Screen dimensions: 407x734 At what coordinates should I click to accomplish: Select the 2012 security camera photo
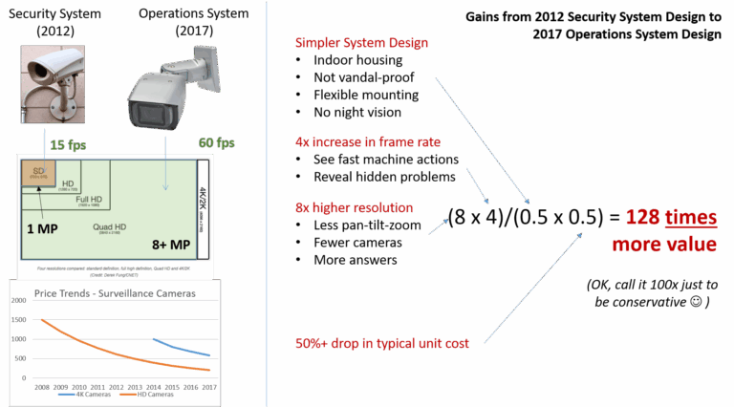(56, 96)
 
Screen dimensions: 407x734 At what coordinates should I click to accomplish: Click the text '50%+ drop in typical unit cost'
(383, 342)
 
